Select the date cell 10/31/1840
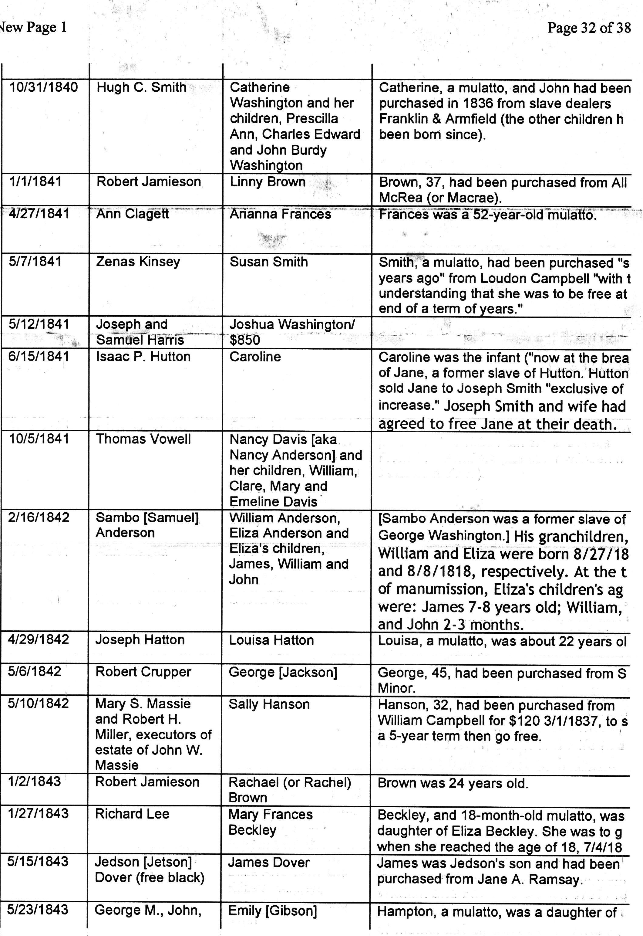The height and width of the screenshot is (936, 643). (x=43, y=87)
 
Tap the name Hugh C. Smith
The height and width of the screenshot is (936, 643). (x=141, y=87)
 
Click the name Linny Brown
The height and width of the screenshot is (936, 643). (x=268, y=182)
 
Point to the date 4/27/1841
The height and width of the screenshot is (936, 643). (x=39, y=214)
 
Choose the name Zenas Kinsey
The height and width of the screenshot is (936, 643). (x=138, y=262)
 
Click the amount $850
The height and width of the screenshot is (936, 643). (x=245, y=340)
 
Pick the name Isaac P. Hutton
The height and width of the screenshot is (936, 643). (x=143, y=356)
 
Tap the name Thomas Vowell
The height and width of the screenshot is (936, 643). (x=143, y=439)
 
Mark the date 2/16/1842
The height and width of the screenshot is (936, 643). (x=39, y=517)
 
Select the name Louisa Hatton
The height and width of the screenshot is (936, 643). (x=271, y=640)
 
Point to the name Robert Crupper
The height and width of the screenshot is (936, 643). (x=143, y=672)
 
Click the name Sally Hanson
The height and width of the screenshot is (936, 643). (x=269, y=704)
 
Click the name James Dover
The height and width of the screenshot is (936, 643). (x=269, y=862)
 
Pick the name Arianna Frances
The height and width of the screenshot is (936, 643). (x=280, y=214)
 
